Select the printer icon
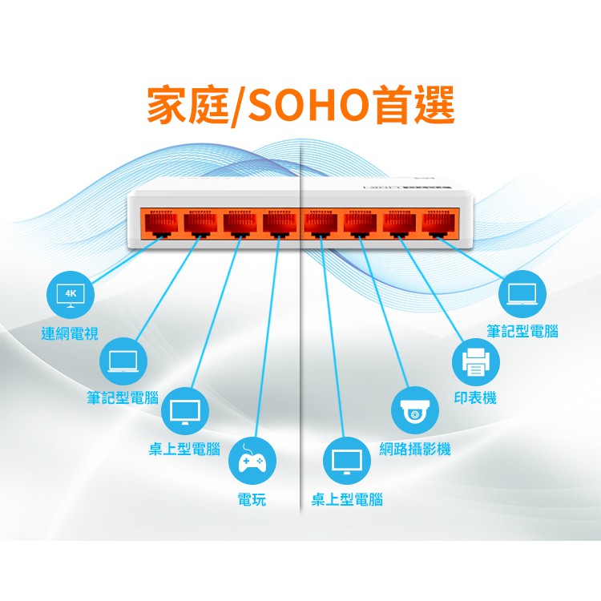(476, 362)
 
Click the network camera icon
(415, 410)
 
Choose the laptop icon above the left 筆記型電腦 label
(123, 361)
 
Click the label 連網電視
(71, 333)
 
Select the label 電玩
(252, 501)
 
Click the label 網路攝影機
(415, 450)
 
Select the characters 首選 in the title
(415, 106)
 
